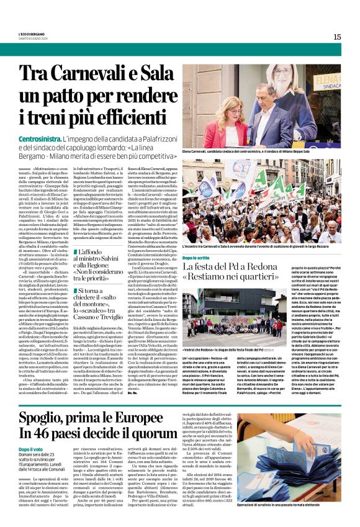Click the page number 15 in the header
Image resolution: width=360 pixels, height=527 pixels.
(337, 37)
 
